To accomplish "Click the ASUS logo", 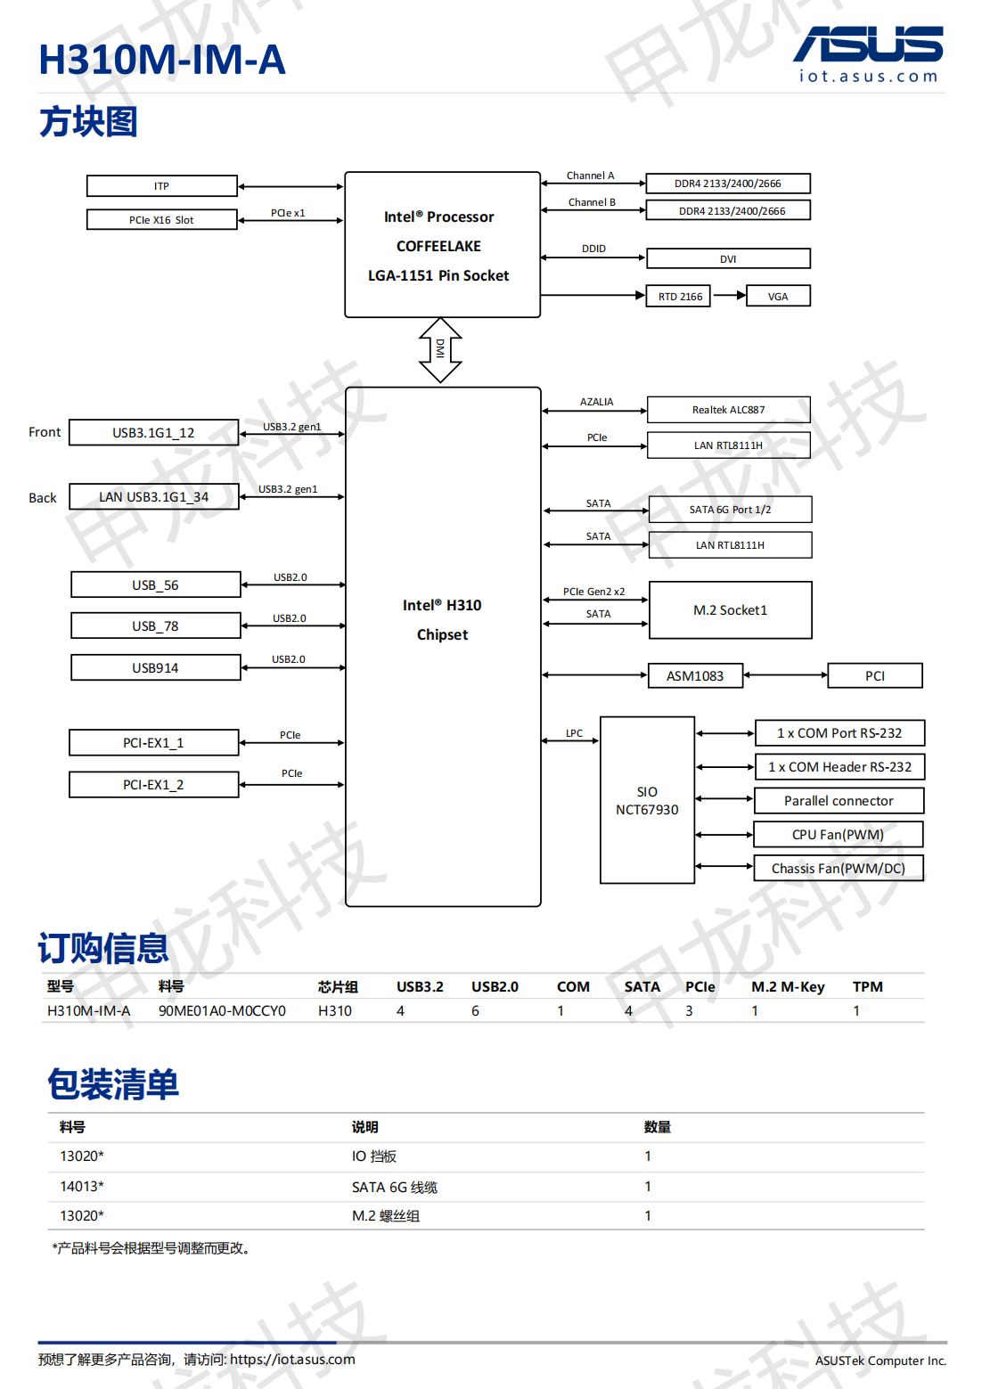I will pos(868,45).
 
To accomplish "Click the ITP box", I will pos(161,185).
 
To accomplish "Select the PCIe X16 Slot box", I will pos(161,219).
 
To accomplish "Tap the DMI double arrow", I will pos(440,350).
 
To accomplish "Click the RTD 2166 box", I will pos(679,296).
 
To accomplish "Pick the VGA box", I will pos(778,296).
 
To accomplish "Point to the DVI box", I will pos(728,258).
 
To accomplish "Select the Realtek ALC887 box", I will pos(728,410).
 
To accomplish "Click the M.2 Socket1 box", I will pos(730,610).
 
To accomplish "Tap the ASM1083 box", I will pos(695,676).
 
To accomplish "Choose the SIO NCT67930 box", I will pos(647,800).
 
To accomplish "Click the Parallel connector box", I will pos(839,801).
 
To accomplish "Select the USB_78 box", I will pos(155,625).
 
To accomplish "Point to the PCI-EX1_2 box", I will pos(153,785).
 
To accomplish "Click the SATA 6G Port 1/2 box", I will pos(730,510).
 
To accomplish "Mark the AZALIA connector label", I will pos(596,402).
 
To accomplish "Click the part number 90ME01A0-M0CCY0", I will pos(222,1010).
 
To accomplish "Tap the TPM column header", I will pos(867,986).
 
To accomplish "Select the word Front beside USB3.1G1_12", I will pos(45,432).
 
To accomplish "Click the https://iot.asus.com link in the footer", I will pos(292,1360).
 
